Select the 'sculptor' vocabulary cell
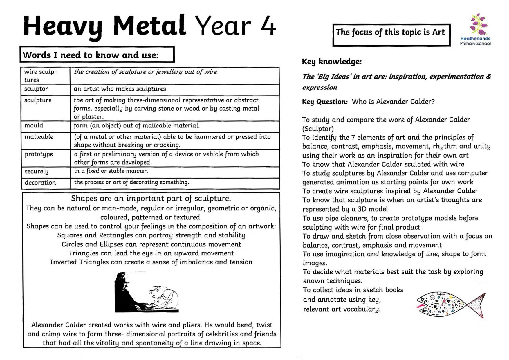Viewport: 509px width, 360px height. coord(36,89)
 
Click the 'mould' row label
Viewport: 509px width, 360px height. coord(34,125)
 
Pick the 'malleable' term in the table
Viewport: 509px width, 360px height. coord(39,137)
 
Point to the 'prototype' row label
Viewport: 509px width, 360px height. coord(39,154)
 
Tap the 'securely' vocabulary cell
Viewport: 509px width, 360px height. coord(37,171)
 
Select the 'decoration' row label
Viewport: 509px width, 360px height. coord(40,183)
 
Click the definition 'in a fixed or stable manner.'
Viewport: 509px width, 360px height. coord(111,171)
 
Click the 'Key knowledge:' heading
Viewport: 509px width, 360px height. coord(332,62)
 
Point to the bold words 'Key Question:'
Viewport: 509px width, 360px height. coord(325,102)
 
